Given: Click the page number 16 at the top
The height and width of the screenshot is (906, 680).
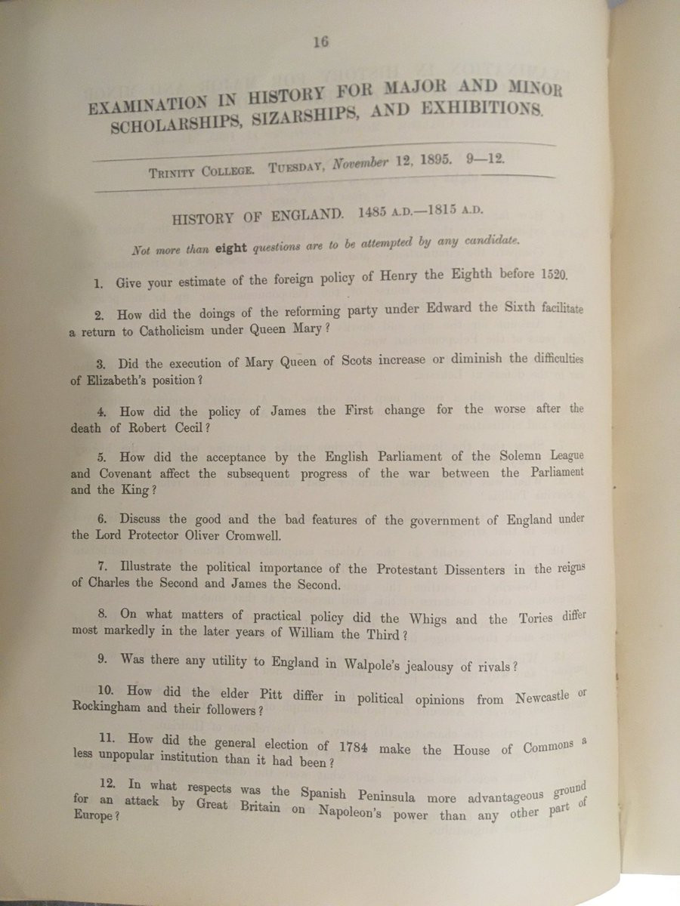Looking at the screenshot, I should (x=320, y=43).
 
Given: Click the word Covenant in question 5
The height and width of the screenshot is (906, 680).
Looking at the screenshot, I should (x=123, y=474).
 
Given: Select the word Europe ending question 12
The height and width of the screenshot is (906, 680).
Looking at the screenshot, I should (x=91, y=816).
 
